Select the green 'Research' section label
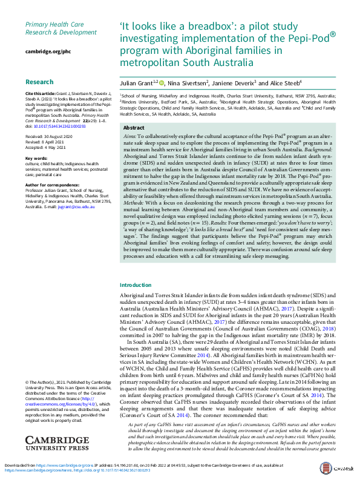click(x=40, y=81)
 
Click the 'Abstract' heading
click(x=134, y=128)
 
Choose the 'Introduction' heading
click(x=136, y=284)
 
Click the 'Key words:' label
click(x=36, y=158)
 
